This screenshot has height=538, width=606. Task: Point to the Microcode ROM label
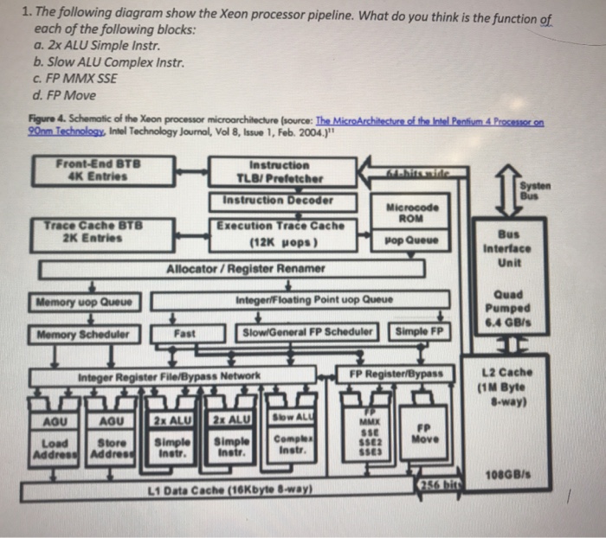pyautogui.click(x=419, y=213)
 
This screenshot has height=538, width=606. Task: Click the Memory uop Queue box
pyautogui.click(x=84, y=303)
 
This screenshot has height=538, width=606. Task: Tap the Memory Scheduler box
pyautogui.click(x=84, y=334)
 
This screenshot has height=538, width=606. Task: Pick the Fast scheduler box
pyautogui.click(x=184, y=333)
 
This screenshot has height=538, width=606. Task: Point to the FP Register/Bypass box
pyautogui.click(x=396, y=375)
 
